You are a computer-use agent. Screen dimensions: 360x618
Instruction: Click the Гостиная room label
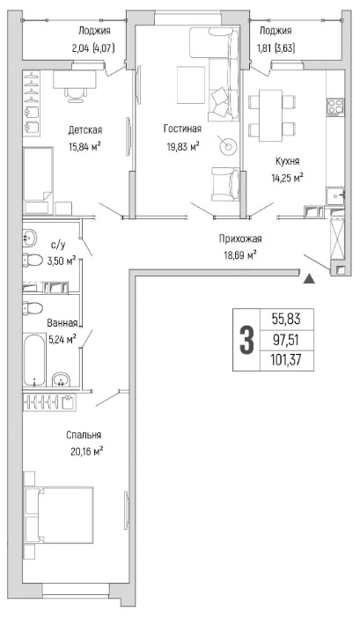coord(182,129)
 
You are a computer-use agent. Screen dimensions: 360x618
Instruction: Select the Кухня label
coord(287,161)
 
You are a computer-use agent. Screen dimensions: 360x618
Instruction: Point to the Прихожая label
coord(240,239)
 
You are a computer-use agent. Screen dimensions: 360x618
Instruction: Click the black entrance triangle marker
coord(310,279)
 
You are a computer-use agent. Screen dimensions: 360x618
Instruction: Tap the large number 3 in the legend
coord(246,340)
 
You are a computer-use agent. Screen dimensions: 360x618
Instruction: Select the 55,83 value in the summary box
coord(286,319)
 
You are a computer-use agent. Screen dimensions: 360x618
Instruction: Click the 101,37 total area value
coord(286,360)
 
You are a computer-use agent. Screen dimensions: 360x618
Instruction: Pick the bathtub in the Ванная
coord(33,360)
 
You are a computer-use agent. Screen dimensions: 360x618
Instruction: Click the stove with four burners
coord(336,107)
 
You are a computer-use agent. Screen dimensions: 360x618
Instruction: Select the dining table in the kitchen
coord(270,115)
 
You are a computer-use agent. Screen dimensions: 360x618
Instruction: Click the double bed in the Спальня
coord(59,515)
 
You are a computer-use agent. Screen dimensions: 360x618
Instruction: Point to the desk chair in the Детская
coord(75,95)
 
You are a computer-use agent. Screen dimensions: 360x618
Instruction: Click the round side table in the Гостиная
coord(228,147)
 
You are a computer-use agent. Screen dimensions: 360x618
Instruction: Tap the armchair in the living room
coord(225,184)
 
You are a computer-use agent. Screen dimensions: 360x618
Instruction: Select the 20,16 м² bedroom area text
coord(87,451)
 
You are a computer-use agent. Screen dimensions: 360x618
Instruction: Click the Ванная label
coord(62,323)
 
